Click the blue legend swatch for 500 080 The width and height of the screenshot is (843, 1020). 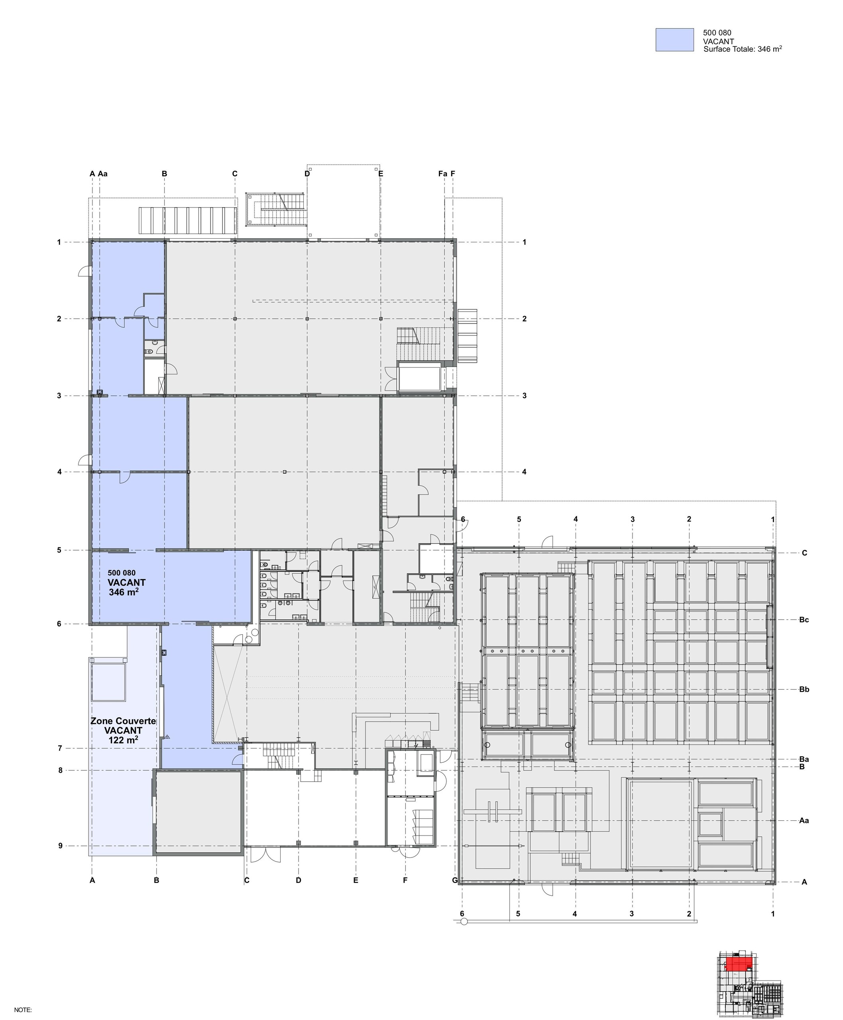pos(674,40)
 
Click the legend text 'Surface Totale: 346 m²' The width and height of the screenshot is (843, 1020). pos(742,49)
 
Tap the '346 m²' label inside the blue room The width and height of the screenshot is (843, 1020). pos(123,592)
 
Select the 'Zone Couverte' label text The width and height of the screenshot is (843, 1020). pos(123,721)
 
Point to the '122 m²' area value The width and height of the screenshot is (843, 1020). pos(123,740)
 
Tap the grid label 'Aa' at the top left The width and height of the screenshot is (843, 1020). pos(102,173)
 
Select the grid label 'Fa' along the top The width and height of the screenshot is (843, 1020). pos(442,173)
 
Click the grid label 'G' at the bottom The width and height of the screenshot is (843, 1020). pos(454,880)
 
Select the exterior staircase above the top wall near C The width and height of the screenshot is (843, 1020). pos(276,209)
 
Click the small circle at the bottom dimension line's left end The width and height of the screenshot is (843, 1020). pos(463,922)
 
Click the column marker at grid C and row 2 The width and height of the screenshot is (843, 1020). pos(234,318)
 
